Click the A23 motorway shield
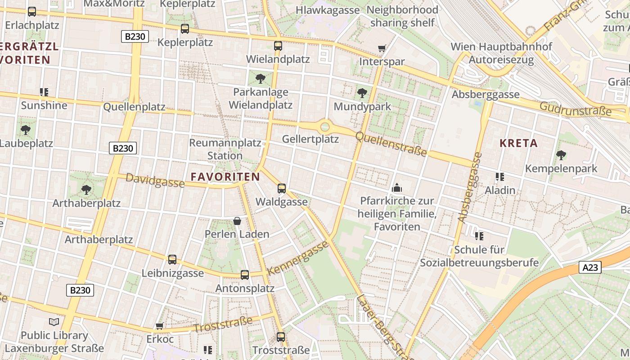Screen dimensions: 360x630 point(590,268)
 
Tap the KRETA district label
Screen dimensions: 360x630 point(518,144)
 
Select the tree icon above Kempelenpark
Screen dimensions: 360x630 point(561,155)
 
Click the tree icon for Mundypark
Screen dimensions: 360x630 point(362,93)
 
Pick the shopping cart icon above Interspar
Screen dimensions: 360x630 point(382,48)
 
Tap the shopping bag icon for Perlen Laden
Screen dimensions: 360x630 point(237,221)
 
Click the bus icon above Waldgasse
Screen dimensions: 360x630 point(282,189)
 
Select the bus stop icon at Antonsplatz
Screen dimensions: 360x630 point(245,274)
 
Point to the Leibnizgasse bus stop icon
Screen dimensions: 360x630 point(172,260)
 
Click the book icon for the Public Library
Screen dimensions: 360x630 point(54,322)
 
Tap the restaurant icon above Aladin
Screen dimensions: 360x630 point(499,177)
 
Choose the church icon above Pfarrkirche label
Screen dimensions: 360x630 point(397,187)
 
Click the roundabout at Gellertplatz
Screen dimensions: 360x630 point(325,126)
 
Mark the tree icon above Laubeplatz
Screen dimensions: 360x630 point(26,130)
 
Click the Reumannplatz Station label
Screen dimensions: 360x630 point(225,149)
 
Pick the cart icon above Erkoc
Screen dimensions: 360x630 point(159,326)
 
